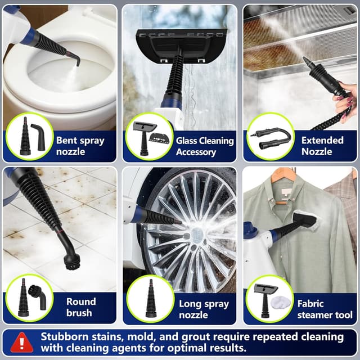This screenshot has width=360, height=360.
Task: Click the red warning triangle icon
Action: pyautogui.click(x=22, y=342)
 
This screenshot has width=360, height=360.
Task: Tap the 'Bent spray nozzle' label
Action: pyautogui.click(x=80, y=146)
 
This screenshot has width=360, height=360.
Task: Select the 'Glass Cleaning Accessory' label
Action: pyautogui.click(x=203, y=146)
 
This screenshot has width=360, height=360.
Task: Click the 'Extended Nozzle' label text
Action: pyautogui.click(x=322, y=146)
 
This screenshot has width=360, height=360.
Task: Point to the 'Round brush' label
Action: pyautogui.click(x=81, y=307)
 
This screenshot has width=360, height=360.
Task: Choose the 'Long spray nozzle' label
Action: pyautogui.click(x=204, y=309)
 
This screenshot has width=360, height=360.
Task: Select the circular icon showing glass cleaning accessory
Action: pyautogui.click(x=149, y=137)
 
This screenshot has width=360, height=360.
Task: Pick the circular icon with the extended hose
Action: pyautogui.click(x=271, y=137)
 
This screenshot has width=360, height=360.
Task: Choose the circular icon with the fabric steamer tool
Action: pyautogui.click(x=271, y=299)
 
